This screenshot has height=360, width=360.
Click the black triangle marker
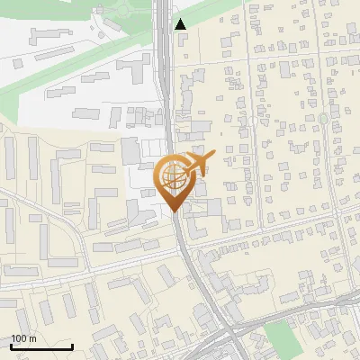pyautogui.click(x=181, y=24)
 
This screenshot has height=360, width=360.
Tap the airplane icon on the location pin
pyautogui.click(x=198, y=163)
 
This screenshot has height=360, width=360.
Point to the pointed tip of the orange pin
pyautogui.click(x=175, y=211)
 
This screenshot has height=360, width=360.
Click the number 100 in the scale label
pyautogui.click(x=19, y=338)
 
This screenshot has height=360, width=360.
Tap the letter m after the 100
pyautogui.click(x=31, y=338)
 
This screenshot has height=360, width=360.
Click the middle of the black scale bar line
pyautogui.click(x=41, y=346)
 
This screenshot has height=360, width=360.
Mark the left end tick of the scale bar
pyautogui.click(x=12, y=345)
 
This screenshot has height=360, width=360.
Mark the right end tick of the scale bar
pyautogui.click(x=72, y=345)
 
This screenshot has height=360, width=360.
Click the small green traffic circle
pyautogui.click(x=323, y=119)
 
